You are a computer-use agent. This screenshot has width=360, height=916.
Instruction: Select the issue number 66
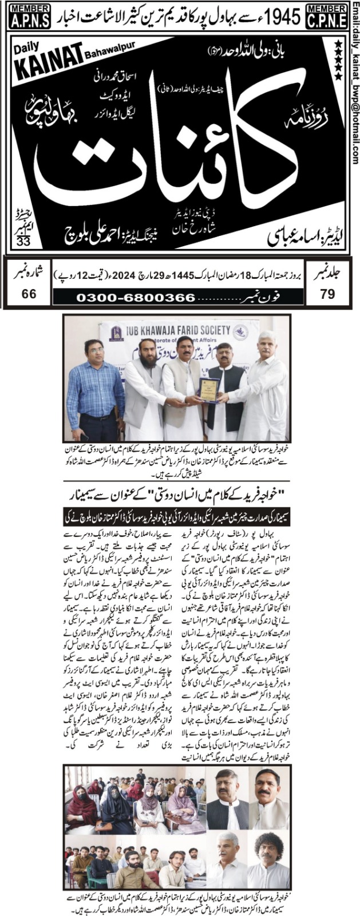click(29, 294)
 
